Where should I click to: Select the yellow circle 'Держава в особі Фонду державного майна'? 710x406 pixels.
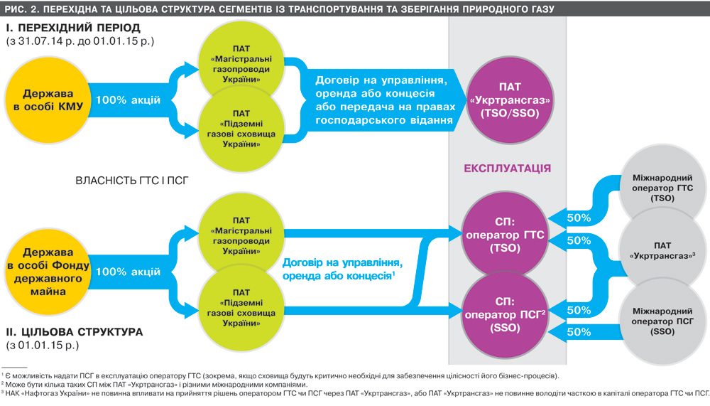[x=44, y=271]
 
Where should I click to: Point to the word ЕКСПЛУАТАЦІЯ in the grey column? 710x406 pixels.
[x=508, y=169]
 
